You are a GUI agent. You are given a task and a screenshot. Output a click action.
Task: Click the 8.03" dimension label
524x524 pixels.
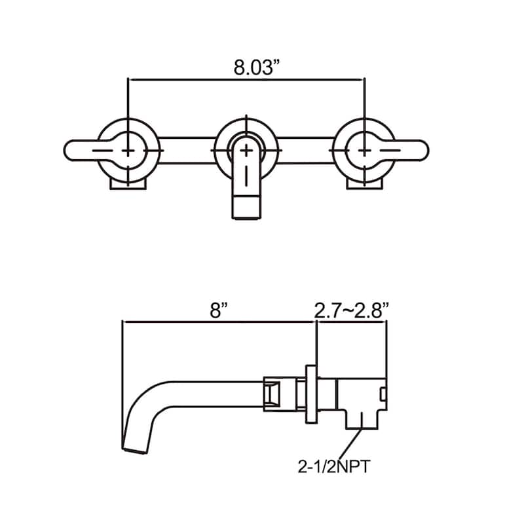[256, 67]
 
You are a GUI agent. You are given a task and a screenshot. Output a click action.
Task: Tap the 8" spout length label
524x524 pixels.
[219, 310]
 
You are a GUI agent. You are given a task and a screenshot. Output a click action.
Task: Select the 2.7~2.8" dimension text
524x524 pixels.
[352, 310]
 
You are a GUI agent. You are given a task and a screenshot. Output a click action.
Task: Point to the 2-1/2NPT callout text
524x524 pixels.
[334, 466]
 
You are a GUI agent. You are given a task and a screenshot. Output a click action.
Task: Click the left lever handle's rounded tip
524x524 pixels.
[67, 151]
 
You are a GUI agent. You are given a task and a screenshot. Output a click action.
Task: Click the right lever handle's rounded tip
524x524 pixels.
[425, 151]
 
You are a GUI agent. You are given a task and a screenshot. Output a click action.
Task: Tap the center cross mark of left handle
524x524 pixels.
[128, 151]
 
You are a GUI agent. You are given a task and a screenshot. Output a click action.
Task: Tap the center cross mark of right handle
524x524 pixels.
[364, 151]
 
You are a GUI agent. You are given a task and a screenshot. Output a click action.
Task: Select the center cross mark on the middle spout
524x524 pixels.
[246, 151]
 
